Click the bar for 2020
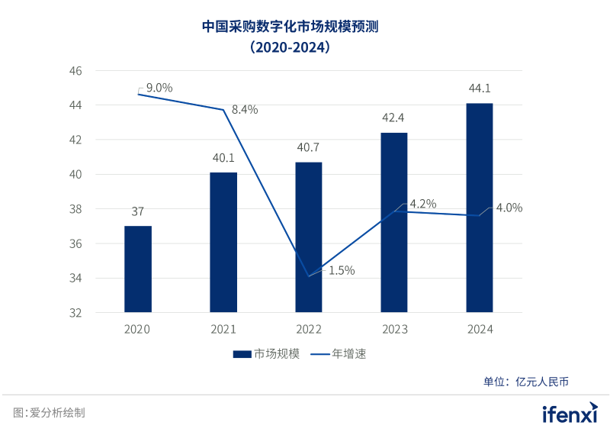point(138,269)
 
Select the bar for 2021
point(223,243)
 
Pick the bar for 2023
point(393,223)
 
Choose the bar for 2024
point(479,208)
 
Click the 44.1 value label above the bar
point(479,90)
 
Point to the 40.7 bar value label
point(309,148)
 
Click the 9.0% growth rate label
point(159,88)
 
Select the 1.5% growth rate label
point(342,270)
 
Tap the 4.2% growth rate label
point(422,204)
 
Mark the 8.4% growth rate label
point(245,109)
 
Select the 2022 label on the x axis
point(309,330)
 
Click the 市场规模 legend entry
point(266,354)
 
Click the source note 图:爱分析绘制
point(49,413)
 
